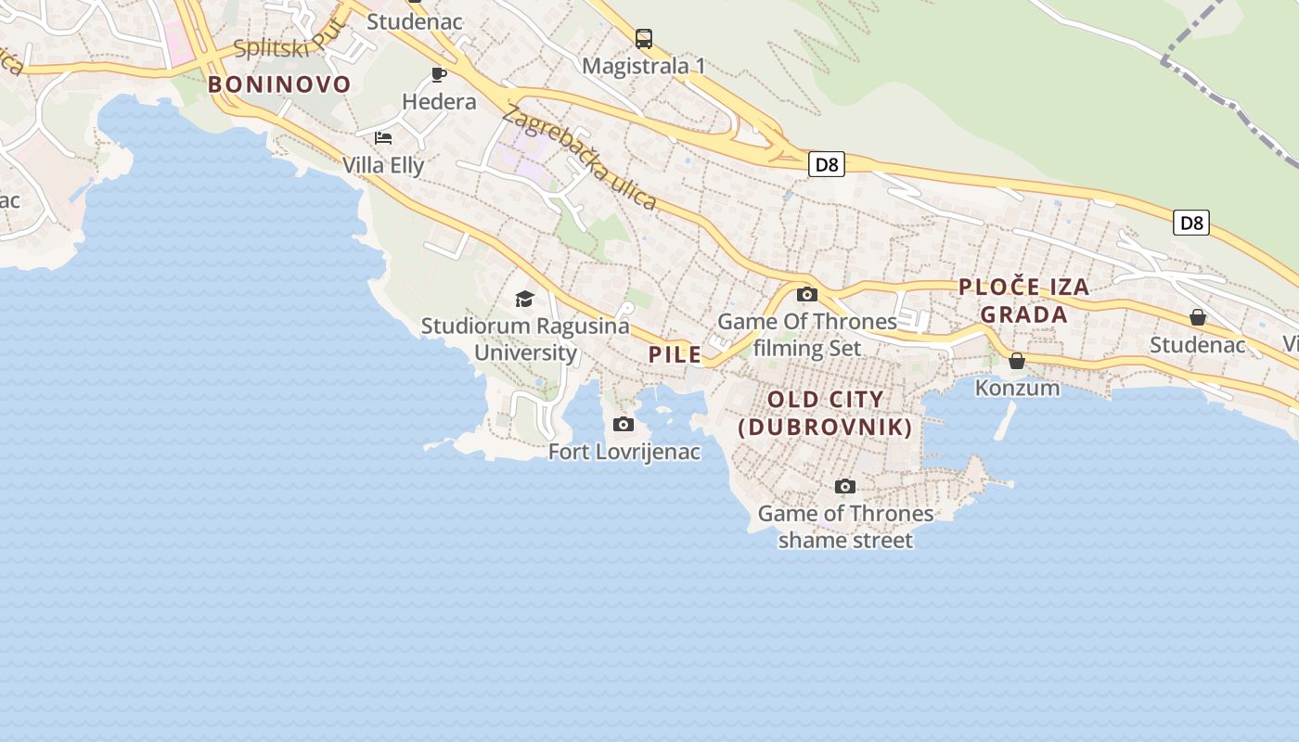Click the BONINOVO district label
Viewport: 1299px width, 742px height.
[x=279, y=84]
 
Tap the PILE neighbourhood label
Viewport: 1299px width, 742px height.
[x=675, y=353]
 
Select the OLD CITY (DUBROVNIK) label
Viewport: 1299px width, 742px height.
[x=825, y=414]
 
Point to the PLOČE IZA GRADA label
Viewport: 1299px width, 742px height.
[x=1023, y=301]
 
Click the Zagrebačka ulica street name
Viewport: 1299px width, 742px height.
[x=579, y=159]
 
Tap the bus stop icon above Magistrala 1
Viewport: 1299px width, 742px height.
[x=644, y=39]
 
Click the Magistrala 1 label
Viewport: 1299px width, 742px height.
[x=644, y=66]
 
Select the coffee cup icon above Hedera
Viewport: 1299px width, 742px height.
[x=439, y=74]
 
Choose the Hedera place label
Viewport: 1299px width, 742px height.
[x=439, y=101]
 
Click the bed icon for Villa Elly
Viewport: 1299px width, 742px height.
[x=383, y=138]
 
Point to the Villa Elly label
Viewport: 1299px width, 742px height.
[x=383, y=165]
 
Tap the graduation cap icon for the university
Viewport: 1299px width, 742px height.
[x=525, y=299]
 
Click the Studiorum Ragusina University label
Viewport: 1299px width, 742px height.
[x=525, y=339]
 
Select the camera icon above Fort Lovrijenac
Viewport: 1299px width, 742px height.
[x=624, y=425]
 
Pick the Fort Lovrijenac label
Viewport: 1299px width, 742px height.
[x=624, y=452]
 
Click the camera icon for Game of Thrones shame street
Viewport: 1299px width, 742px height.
[x=844, y=486]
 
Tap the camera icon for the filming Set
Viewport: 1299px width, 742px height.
[x=807, y=295]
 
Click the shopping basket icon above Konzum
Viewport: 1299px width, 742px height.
[x=1017, y=360]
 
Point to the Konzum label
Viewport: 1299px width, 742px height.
[x=1017, y=387]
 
